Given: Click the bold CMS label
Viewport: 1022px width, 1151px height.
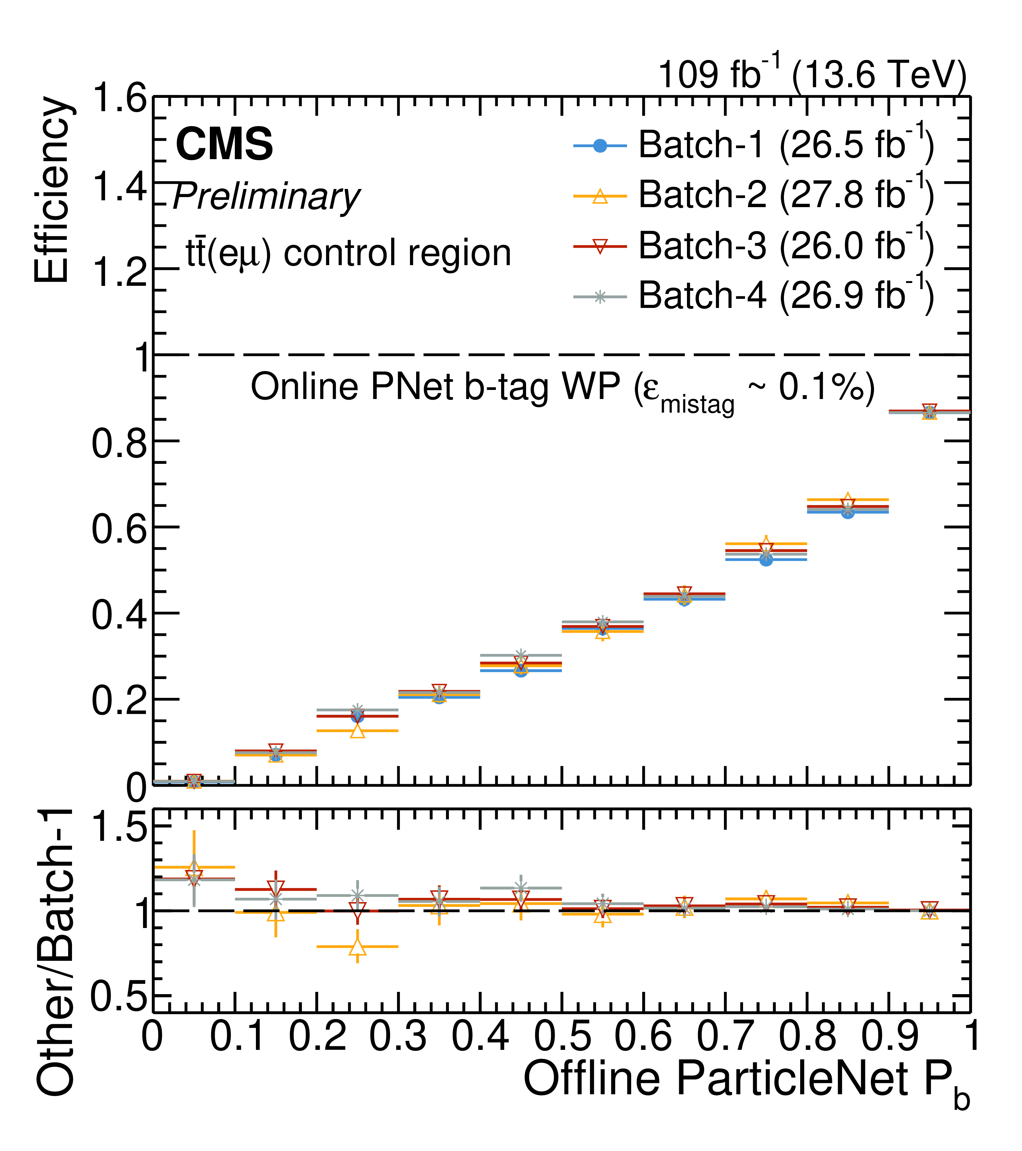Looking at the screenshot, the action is pyautogui.click(x=224, y=144).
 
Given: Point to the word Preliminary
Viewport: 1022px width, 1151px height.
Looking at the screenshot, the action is pyautogui.click(x=266, y=198).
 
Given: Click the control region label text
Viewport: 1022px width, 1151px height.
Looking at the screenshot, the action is pyautogui.click(x=348, y=253).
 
